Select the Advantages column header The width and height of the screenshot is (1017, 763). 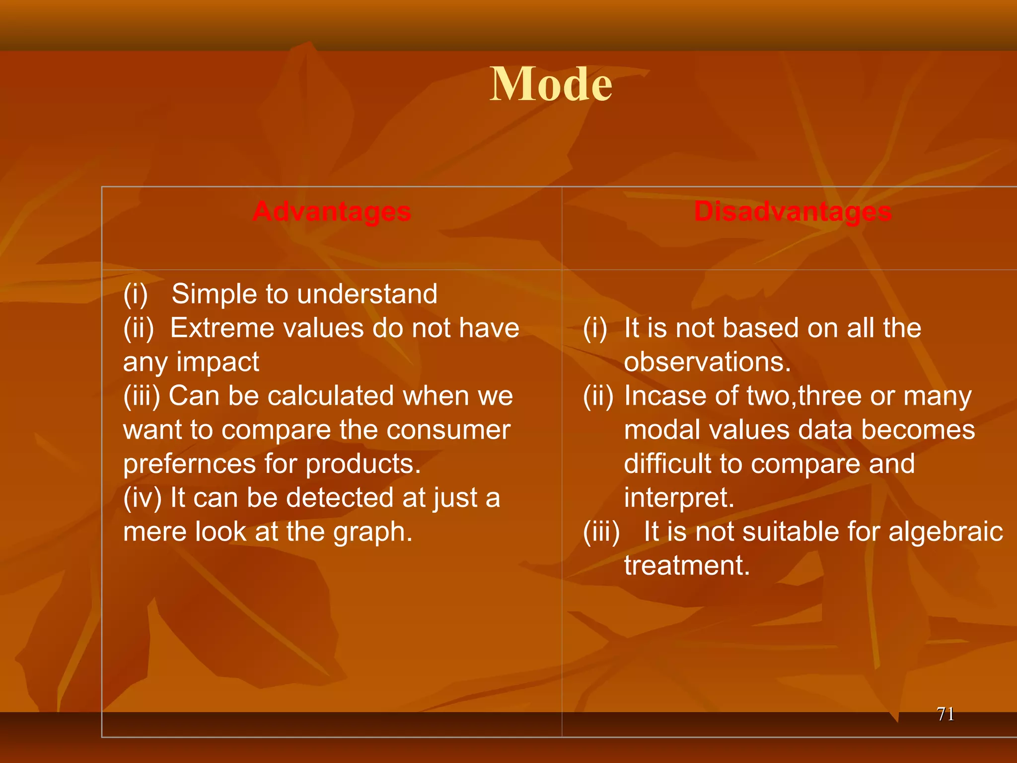[332, 212]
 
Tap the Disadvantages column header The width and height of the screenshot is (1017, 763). [793, 212]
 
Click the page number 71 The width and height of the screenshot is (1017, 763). [945, 714]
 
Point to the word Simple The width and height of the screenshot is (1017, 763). [214, 294]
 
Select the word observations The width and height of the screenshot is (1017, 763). [707, 362]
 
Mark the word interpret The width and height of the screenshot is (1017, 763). [678, 498]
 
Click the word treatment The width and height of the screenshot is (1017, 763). [686, 566]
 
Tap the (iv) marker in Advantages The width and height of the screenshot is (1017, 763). [142, 498]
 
